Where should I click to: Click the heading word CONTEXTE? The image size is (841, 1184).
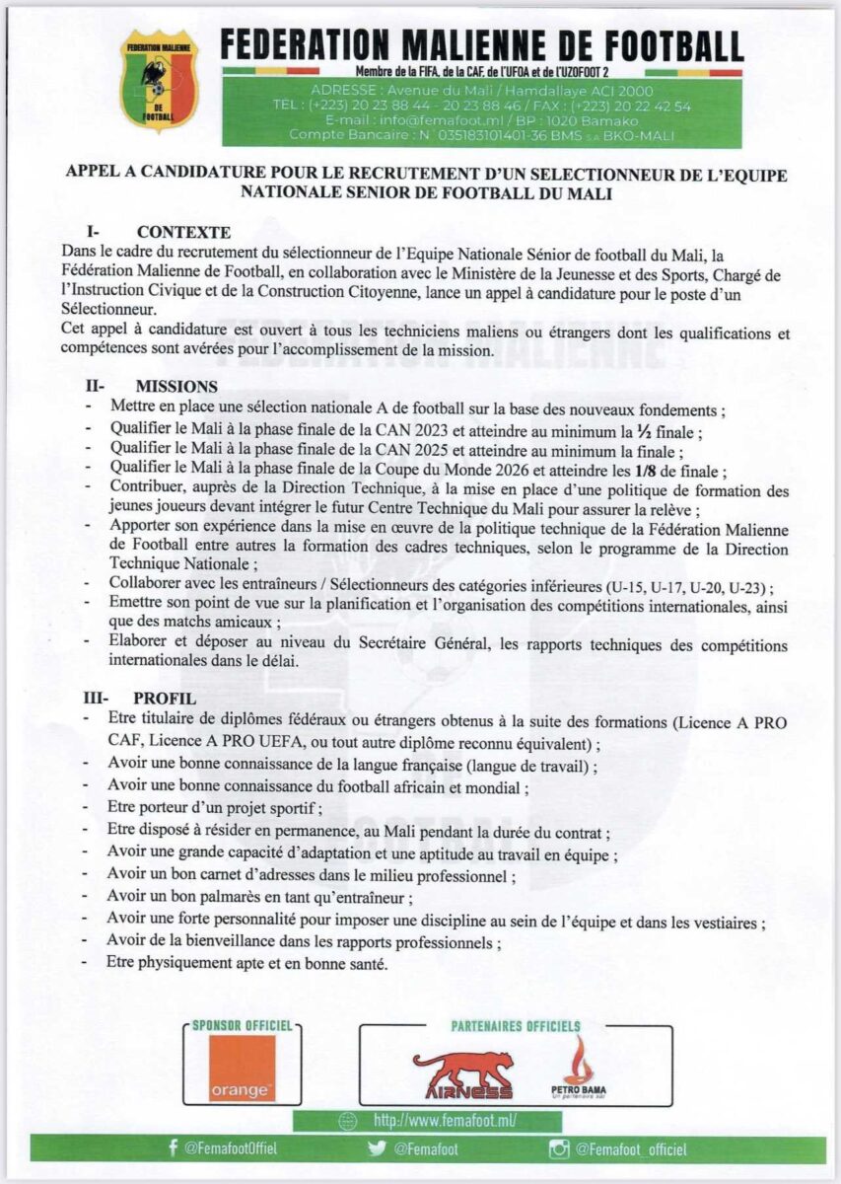click(x=184, y=233)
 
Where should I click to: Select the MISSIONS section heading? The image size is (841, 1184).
click(x=177, y=387)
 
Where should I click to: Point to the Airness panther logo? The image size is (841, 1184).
click(x=462, y=1073)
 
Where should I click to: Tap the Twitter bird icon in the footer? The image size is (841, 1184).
click(x=376, y=1149)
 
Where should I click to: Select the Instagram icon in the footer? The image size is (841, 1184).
click(x=559, y=1149)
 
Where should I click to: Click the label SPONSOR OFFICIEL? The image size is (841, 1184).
click(x=243, y=1026)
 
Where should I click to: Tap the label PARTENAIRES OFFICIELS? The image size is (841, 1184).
click(x=515, y=1026)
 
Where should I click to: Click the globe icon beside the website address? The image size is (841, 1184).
click(x=346, y=1121)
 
